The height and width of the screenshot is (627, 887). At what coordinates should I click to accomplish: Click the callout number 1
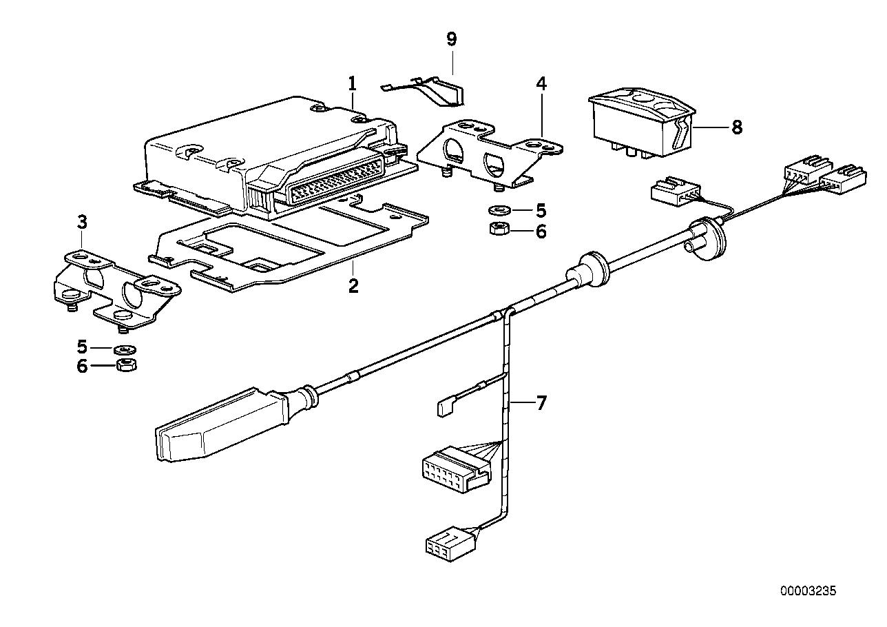click(352, 84)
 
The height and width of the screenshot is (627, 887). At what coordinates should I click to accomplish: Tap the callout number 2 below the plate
click(353, 285)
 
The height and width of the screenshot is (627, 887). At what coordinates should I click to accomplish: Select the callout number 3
click(82, 222)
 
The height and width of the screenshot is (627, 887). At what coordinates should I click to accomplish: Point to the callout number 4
click(541, 84)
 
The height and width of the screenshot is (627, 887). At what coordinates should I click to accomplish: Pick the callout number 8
click(737, 127)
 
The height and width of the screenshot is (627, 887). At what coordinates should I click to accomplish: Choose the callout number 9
click(451, 39)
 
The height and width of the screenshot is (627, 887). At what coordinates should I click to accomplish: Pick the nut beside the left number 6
click(126, 364)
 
